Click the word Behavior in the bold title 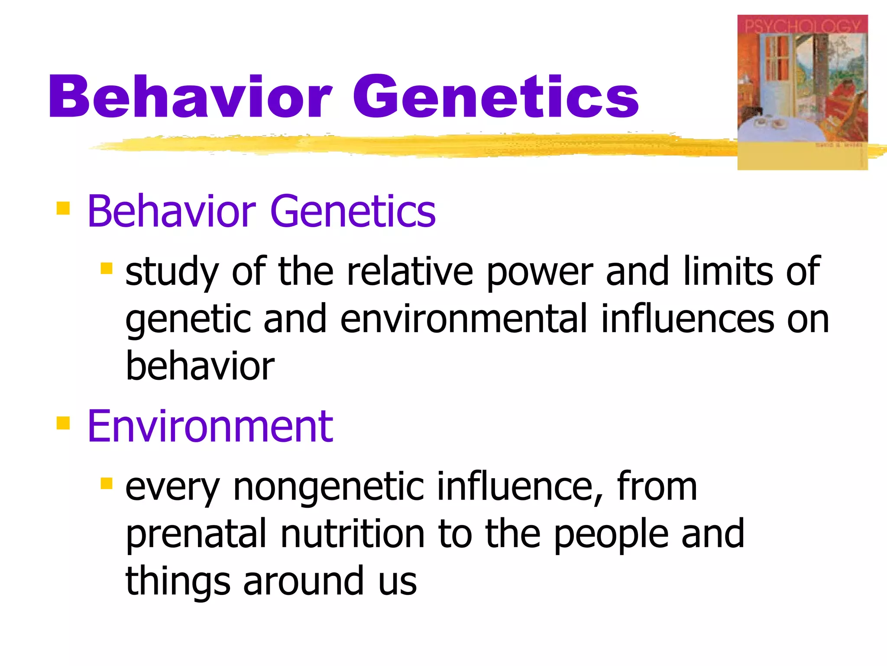pos(190,96)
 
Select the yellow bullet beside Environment pos(63,422)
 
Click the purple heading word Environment pos(210,427)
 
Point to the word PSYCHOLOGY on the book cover pos(802,26)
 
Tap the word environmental pos(463,319)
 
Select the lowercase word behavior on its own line pos(200,366)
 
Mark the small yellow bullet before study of pos(106,268)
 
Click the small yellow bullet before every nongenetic pos(106,483)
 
